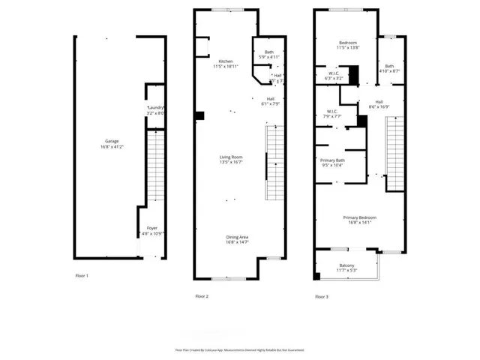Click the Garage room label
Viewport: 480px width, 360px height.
tap(112, 141)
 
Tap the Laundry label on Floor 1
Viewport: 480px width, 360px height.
tap(155, 108)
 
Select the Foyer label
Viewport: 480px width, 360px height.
tap(151, 227)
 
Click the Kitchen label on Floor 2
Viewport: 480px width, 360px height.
tap(226, 61)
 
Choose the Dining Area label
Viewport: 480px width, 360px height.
tap(238, 237)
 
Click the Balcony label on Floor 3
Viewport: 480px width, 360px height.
tap(346, 265)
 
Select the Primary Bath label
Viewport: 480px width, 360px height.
tap(332, 160)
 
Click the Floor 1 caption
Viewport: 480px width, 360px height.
tap(82, 276)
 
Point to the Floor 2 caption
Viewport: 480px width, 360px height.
tap(202, 296)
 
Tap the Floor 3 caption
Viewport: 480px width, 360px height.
tap(322, 296)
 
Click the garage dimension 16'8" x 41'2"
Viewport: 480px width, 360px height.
tap(112, 146)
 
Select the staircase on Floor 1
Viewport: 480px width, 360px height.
tap(154, 166)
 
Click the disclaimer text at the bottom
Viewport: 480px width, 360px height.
tap(239, 349)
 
